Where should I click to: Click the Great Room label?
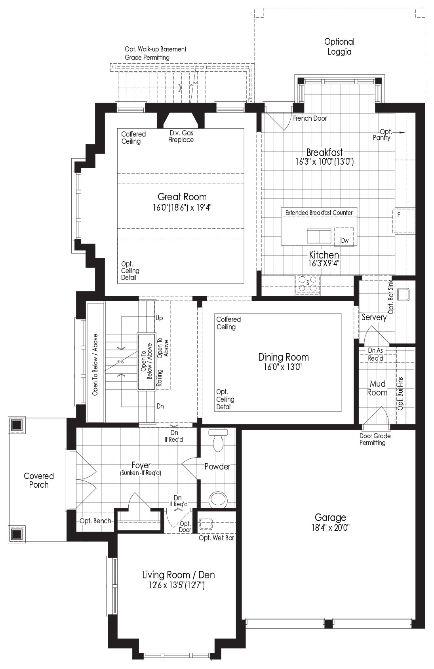click(x=182, y=197)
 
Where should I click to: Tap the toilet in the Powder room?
click(x=218, y=440)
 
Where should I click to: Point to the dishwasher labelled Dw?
click(x=345, y=237)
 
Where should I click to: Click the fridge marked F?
click(x=404, y=221)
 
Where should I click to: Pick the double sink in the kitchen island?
click(x=319, y=236)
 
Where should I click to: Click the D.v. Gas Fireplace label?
click(x=181, y=136)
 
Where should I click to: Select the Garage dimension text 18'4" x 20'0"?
click(x=330, y=528)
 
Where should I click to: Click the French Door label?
click(x=310, y=118)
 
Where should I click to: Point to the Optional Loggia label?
click(x=339, y=47)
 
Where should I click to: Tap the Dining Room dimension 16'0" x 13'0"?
click(x=283, y=367)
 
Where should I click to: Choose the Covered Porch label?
click(x=39, y=480)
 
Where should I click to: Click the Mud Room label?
click(x=377, y=388)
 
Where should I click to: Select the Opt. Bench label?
click(x=95, y=521)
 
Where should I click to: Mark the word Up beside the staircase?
click(x=159, y=318)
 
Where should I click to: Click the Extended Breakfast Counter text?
click(x=319, y=213)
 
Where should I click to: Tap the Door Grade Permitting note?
click(x=375, y=439)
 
